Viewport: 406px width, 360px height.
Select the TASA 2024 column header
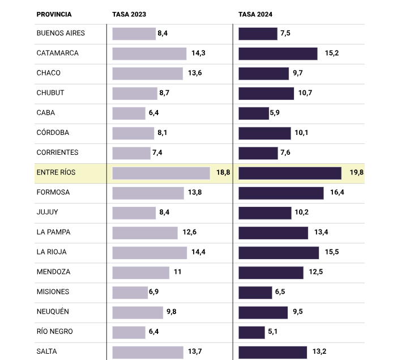255,14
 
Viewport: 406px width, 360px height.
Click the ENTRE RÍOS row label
55,172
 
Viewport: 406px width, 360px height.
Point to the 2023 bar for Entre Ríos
161,173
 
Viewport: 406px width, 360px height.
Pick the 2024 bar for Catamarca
278,53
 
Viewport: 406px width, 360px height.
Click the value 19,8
356,173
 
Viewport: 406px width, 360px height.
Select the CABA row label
46,113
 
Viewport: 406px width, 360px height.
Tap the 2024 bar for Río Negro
252,332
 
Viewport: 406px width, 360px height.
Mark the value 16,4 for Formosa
337,193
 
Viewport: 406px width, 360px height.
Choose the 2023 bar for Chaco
148,73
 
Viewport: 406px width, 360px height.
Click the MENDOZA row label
53,272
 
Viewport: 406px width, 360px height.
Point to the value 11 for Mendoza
177,272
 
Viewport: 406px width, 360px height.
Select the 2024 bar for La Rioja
279,252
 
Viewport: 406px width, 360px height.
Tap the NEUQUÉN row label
53,312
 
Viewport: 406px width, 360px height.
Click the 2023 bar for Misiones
130,292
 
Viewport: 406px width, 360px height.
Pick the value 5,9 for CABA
275,113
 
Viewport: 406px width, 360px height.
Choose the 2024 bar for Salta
273,351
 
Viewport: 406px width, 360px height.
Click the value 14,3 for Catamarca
198,53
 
